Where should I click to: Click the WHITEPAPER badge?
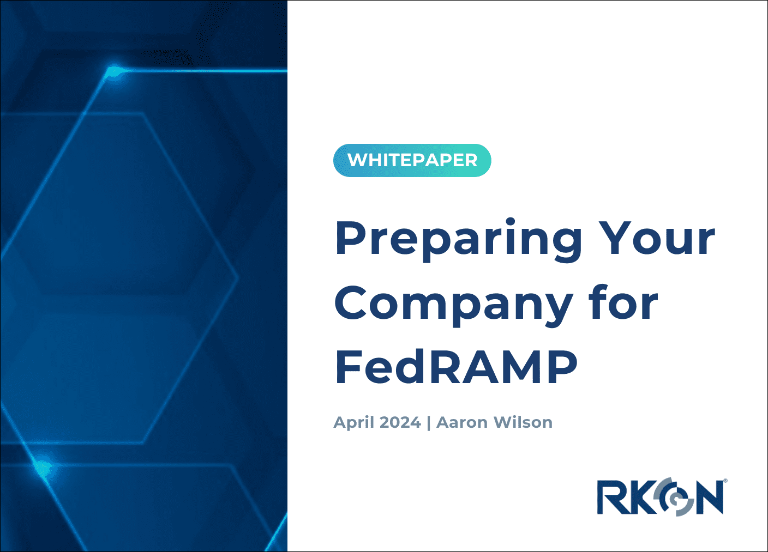pyautogui.click(x=412, y=160)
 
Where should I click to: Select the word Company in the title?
pyautogui.click(x=453, y=304)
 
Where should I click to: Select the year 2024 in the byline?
pyautogui.click(x=400, y=422)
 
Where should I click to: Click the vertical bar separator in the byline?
pyautogui.click(x=429, y=423)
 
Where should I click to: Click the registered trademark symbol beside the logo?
pyautogui.click(x=725, y=481)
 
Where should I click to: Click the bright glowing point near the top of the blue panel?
pyautogui.click(x=113, y=71)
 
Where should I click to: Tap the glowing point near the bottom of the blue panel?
pyautogui.click(x=42, y=466)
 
